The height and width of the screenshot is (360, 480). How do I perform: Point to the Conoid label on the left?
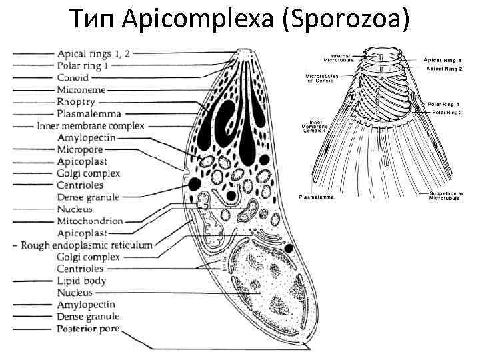[73, 78]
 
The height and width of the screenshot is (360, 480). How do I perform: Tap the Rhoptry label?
[76, 102]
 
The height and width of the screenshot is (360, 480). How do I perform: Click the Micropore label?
[80, 150]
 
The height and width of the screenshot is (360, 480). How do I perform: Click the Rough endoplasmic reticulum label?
[87, 245]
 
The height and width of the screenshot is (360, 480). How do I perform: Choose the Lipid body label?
[81, 281]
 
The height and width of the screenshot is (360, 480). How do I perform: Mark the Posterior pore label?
[88, 329]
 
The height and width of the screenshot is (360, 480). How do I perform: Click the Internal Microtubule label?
[342, 57]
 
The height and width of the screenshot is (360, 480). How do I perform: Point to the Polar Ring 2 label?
[447, 113]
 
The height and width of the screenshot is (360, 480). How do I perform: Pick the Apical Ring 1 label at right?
[443, 60]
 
